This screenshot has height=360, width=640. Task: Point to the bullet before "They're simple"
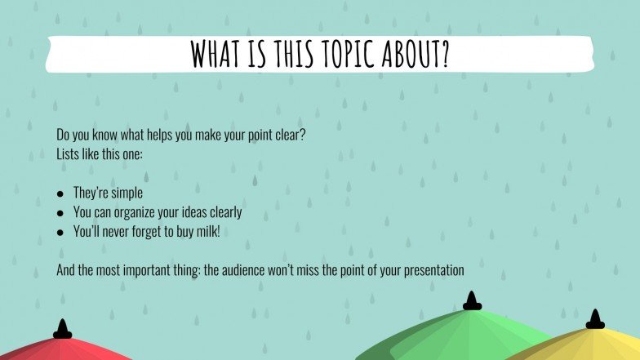point(60,194)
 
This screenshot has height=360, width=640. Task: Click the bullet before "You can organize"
point(60,213)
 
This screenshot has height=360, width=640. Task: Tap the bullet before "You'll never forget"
point(60,232)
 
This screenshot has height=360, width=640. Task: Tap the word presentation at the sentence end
point(433,269)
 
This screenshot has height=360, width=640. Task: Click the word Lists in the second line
point(68,153)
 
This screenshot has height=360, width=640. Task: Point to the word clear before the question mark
point(287,134)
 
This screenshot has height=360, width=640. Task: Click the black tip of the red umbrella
point(63,330)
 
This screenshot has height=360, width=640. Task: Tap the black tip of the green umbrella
point(472,302)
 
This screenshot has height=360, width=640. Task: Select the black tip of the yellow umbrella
point(595,320)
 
